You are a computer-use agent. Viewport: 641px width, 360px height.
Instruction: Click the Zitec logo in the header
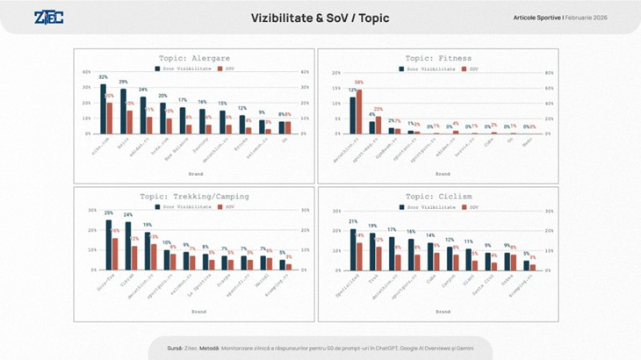(48, 18)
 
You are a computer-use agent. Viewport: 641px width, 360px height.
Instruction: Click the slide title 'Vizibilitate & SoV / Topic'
(320, 18)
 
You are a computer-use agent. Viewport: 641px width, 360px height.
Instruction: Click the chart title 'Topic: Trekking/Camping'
(193, 196)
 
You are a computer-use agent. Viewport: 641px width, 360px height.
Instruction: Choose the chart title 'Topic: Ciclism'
(437, 196)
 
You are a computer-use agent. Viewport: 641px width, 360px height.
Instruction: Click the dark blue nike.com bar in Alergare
(103, 109)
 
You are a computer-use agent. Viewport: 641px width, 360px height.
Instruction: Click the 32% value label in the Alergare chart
(103, 78)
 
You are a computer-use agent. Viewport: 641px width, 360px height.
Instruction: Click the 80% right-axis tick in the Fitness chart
(549, 73)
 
